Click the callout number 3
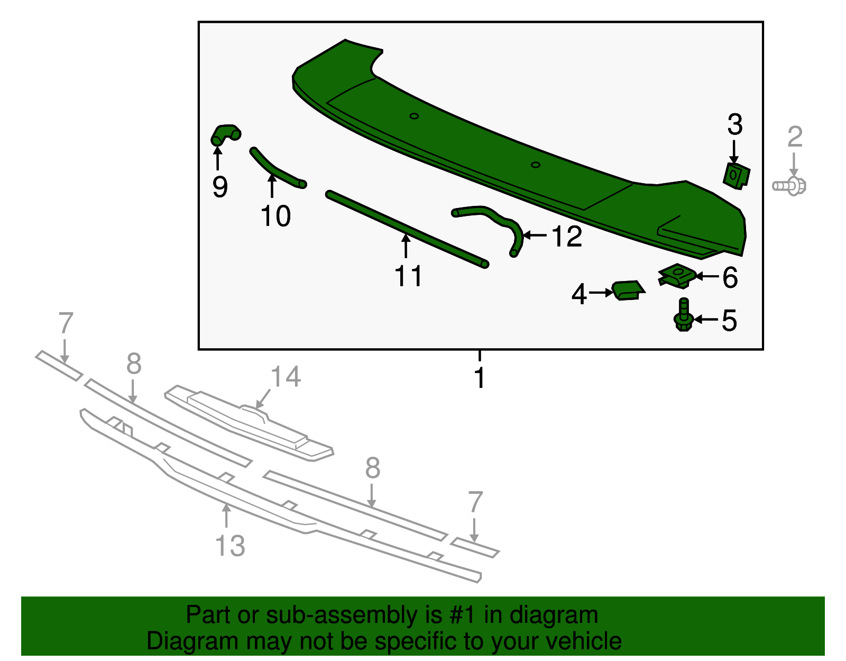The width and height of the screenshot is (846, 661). point(734,125)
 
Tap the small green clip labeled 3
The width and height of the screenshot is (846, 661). point(736,175)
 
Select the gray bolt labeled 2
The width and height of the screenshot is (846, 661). point(790,186)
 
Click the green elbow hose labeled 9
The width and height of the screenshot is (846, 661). point(226,134)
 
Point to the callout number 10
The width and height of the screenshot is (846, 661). point(275,216)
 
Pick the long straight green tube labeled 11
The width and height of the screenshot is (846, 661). point(407,229)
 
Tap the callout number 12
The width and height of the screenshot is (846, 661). point(567,236)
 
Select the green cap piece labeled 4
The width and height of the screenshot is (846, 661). point(628,290)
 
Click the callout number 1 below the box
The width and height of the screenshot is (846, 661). point(480,378)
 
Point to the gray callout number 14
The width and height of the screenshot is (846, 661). point(286,377)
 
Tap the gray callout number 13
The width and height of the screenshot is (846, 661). point(230,546)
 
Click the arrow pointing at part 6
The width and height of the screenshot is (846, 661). point(707,276)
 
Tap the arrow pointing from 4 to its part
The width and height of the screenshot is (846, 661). point(601,292)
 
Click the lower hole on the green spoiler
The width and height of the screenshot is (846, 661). point(535,165)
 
